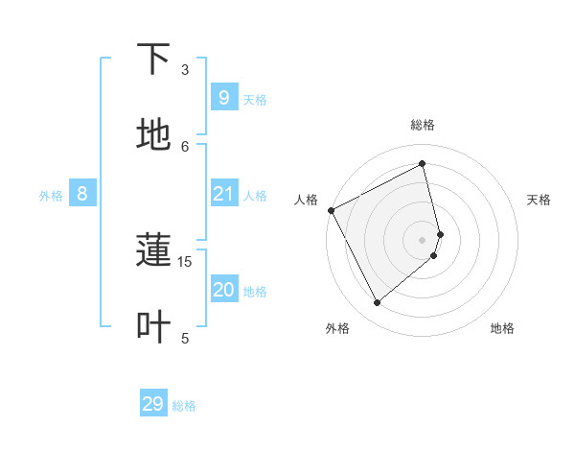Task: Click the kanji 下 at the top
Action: point(153,59)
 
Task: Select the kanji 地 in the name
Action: point(153,135)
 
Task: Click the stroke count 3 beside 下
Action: point(185,70)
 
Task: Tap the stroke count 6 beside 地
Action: point(185,146)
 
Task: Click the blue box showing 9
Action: point(223,97)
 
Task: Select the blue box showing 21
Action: point(223,194)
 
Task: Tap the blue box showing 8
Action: point(82,194)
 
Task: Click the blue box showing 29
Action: point(153,404)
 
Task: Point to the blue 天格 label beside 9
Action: point(255,99)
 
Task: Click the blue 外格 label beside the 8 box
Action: point(51,196)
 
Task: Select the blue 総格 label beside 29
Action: point(184,406)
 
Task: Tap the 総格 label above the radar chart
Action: point(423,125)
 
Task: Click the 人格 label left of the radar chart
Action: point(306,200)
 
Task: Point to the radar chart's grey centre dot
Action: point(423,239)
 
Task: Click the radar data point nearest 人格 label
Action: point(331,210)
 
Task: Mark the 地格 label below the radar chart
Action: point(502,328)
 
